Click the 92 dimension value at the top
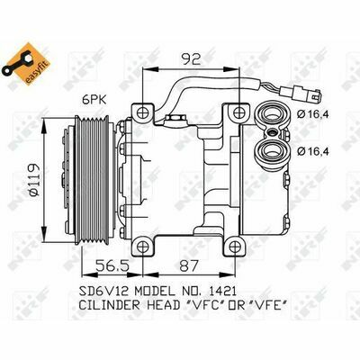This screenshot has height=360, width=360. coord(191,58)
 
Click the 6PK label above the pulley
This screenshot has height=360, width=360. coord(94,100)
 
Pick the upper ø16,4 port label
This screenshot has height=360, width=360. coord(312,114)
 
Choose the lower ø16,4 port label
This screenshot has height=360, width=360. coord(312,151)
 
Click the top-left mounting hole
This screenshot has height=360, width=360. coord(143,112)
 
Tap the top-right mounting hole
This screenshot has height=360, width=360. coord(239,112)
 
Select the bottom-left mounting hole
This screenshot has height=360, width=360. coord(143,247)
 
